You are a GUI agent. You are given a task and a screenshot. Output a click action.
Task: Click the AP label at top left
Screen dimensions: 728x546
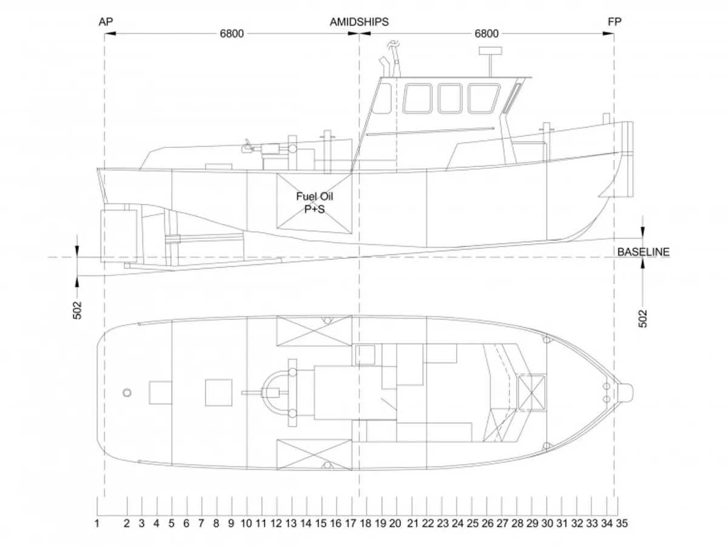[x=106, y=22]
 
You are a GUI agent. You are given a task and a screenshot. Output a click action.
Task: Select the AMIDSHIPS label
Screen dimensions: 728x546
[x=359, y=22]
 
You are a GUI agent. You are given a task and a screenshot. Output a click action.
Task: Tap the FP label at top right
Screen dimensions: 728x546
[x=614, y=22]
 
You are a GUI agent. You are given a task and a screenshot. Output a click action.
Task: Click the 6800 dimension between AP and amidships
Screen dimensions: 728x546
[x=232, y=33]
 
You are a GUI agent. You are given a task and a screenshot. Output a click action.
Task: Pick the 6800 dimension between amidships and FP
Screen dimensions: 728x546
[x=487, y=33]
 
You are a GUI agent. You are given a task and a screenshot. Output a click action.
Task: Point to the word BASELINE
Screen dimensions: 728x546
[x=644, y=252]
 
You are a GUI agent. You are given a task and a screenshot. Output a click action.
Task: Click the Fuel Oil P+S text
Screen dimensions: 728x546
[x=314, y=203]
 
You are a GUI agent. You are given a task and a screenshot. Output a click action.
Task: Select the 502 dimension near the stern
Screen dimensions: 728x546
[x=77, y=310]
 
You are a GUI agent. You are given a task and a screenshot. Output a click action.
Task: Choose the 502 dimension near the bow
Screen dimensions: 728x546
[x=642, y=318]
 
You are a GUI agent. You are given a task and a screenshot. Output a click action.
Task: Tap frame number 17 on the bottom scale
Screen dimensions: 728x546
[x=351, y=524]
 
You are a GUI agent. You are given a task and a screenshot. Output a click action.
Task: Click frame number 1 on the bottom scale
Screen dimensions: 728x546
[x=97, y=524]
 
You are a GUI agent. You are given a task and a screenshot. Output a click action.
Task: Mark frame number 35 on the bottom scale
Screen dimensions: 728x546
[x=622, y=524]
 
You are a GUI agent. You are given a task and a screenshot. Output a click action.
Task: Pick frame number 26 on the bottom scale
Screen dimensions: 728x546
[x=488, y=524]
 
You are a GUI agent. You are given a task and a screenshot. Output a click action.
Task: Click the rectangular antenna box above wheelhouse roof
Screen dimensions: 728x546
[x=490, y=51]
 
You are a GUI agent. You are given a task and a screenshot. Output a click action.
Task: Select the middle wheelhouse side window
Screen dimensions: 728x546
[x=450, y=98]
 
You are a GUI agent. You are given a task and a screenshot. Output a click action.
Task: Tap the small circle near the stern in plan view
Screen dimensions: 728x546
[x=127, y=393]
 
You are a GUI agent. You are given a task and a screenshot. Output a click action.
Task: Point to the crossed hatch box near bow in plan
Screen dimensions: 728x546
[x=531, y=393]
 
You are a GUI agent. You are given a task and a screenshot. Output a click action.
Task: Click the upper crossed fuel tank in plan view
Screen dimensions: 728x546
[x=314, y=331]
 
